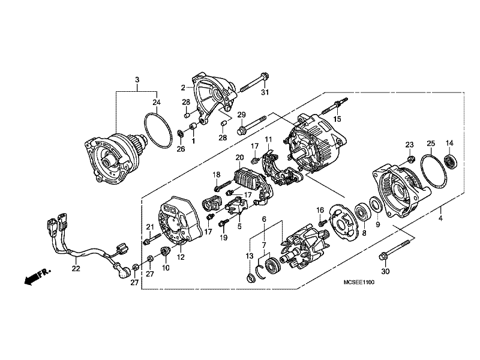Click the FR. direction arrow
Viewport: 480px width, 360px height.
37,277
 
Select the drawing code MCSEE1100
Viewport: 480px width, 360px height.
359,282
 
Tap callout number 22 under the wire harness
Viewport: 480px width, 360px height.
76,268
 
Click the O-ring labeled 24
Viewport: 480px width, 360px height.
158,131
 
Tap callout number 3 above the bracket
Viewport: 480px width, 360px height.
137,80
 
